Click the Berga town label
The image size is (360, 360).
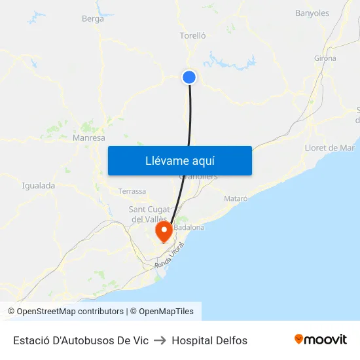point(93,19)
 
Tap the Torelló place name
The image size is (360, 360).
point(192,36)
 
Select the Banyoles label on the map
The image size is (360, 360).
point(312,13)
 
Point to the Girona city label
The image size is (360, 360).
point(325,58)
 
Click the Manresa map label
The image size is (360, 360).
point(89,138)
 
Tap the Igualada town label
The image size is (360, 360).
point(39,185)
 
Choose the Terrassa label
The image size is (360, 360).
point(132,191)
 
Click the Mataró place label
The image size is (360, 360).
point(236,198)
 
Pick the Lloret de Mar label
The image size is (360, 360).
point(330,148)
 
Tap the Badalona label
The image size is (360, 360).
point(189,227)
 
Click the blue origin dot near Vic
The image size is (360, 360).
point(189,77)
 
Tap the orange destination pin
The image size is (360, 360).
point(163,231)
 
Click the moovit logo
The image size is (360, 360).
point(320,340)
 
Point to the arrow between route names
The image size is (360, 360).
point(160,340)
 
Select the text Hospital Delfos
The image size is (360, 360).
point(209,340)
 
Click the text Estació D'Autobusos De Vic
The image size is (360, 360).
point(81,340)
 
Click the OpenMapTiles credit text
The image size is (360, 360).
point(166,312)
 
